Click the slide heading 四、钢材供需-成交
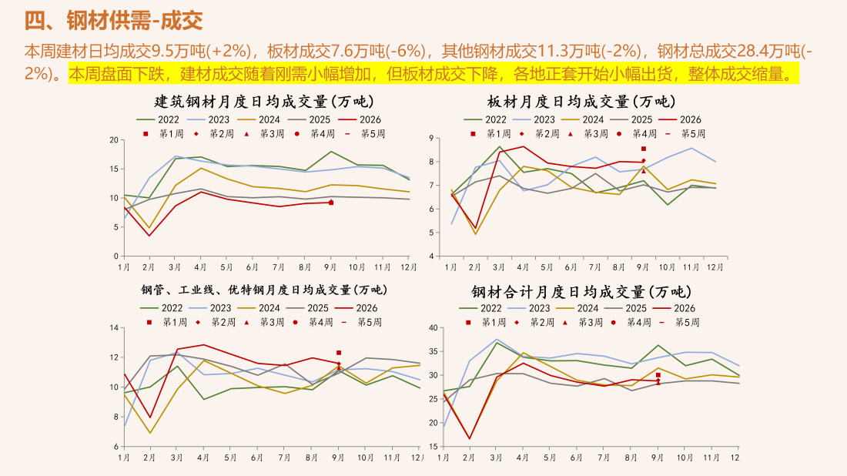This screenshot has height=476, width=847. (113, 21)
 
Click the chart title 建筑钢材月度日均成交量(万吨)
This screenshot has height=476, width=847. (264, 102)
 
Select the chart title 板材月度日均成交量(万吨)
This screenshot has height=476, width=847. (581, 102)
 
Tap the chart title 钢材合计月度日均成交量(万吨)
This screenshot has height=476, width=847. (581, 292)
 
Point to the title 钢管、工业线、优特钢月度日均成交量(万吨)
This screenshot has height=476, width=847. (264, 290)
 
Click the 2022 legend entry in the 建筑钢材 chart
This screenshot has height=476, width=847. (158, 119)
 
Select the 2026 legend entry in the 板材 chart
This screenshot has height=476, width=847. (680, 119)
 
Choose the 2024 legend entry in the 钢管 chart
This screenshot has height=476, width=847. (259, 308)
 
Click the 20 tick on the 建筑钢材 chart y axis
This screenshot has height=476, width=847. (114, 140)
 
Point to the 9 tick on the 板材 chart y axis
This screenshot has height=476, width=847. (431, 139)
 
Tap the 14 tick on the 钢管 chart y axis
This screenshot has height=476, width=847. (114, 328)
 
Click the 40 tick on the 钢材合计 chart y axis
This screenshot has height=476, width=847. (433, 328)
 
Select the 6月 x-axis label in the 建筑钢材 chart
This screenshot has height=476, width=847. (253, 267)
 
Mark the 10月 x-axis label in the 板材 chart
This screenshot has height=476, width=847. (667, 267)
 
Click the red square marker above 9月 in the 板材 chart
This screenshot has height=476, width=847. (644, 149)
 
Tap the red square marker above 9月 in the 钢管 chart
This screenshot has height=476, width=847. (339, 353)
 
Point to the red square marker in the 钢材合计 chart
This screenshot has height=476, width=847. (658, 375)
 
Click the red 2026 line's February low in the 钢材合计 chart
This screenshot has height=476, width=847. (470, 438)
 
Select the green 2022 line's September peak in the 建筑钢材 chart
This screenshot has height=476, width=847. (330, 152)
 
